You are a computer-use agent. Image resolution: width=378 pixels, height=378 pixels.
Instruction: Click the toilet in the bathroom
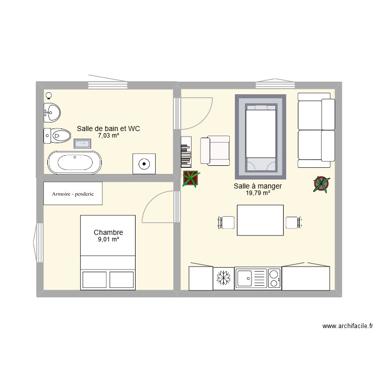click(57, 135)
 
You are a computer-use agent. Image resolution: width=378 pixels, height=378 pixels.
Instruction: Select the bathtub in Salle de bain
click(74, 163)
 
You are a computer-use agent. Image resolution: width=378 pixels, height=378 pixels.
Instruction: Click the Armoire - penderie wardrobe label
click(73, 194)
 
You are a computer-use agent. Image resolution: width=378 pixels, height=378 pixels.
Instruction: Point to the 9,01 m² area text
click(108, 239)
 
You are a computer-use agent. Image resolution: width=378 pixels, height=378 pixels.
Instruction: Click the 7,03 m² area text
click(108, 136)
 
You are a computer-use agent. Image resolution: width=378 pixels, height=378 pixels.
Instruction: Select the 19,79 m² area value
click(258, 193)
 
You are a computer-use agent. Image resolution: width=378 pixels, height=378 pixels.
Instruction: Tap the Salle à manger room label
click(258, 186)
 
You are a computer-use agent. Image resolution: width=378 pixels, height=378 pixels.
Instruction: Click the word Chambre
click(108, 232)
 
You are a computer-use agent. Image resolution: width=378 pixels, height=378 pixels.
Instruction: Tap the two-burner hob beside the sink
click(274, 278)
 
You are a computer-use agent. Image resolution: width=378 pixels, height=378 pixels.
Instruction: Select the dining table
click(260, 220)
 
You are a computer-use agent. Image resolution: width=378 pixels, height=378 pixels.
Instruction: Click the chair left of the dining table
click(226, 222)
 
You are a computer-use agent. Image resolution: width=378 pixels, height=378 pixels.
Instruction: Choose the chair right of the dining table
click(293, 222)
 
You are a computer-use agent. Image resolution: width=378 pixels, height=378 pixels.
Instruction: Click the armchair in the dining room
click(215, 151)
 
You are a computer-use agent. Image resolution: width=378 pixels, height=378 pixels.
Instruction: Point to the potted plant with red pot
click(321, 184)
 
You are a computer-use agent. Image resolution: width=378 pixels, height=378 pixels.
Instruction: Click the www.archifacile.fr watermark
click(348, 327)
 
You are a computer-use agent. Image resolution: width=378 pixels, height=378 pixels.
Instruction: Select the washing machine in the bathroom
click(144, 163)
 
